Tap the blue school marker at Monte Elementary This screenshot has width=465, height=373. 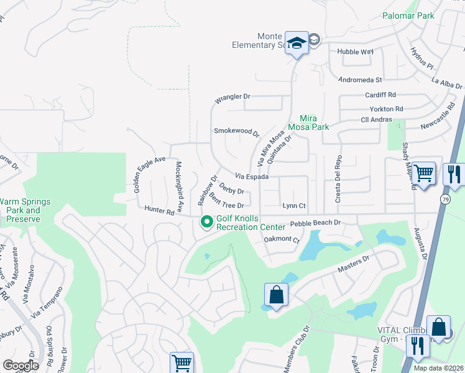297,43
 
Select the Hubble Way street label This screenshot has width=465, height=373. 355,52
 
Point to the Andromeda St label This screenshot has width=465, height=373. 360,80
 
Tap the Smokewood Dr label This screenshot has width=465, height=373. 236,131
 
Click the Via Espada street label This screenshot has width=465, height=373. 252,177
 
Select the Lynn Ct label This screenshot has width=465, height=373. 295,205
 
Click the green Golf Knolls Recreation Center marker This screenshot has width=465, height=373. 206,221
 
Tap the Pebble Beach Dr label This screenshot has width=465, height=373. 316,223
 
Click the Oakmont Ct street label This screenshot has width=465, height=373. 282,239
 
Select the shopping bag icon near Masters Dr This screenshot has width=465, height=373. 275,295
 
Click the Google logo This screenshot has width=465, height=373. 21,366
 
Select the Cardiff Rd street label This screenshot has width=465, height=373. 380,95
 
